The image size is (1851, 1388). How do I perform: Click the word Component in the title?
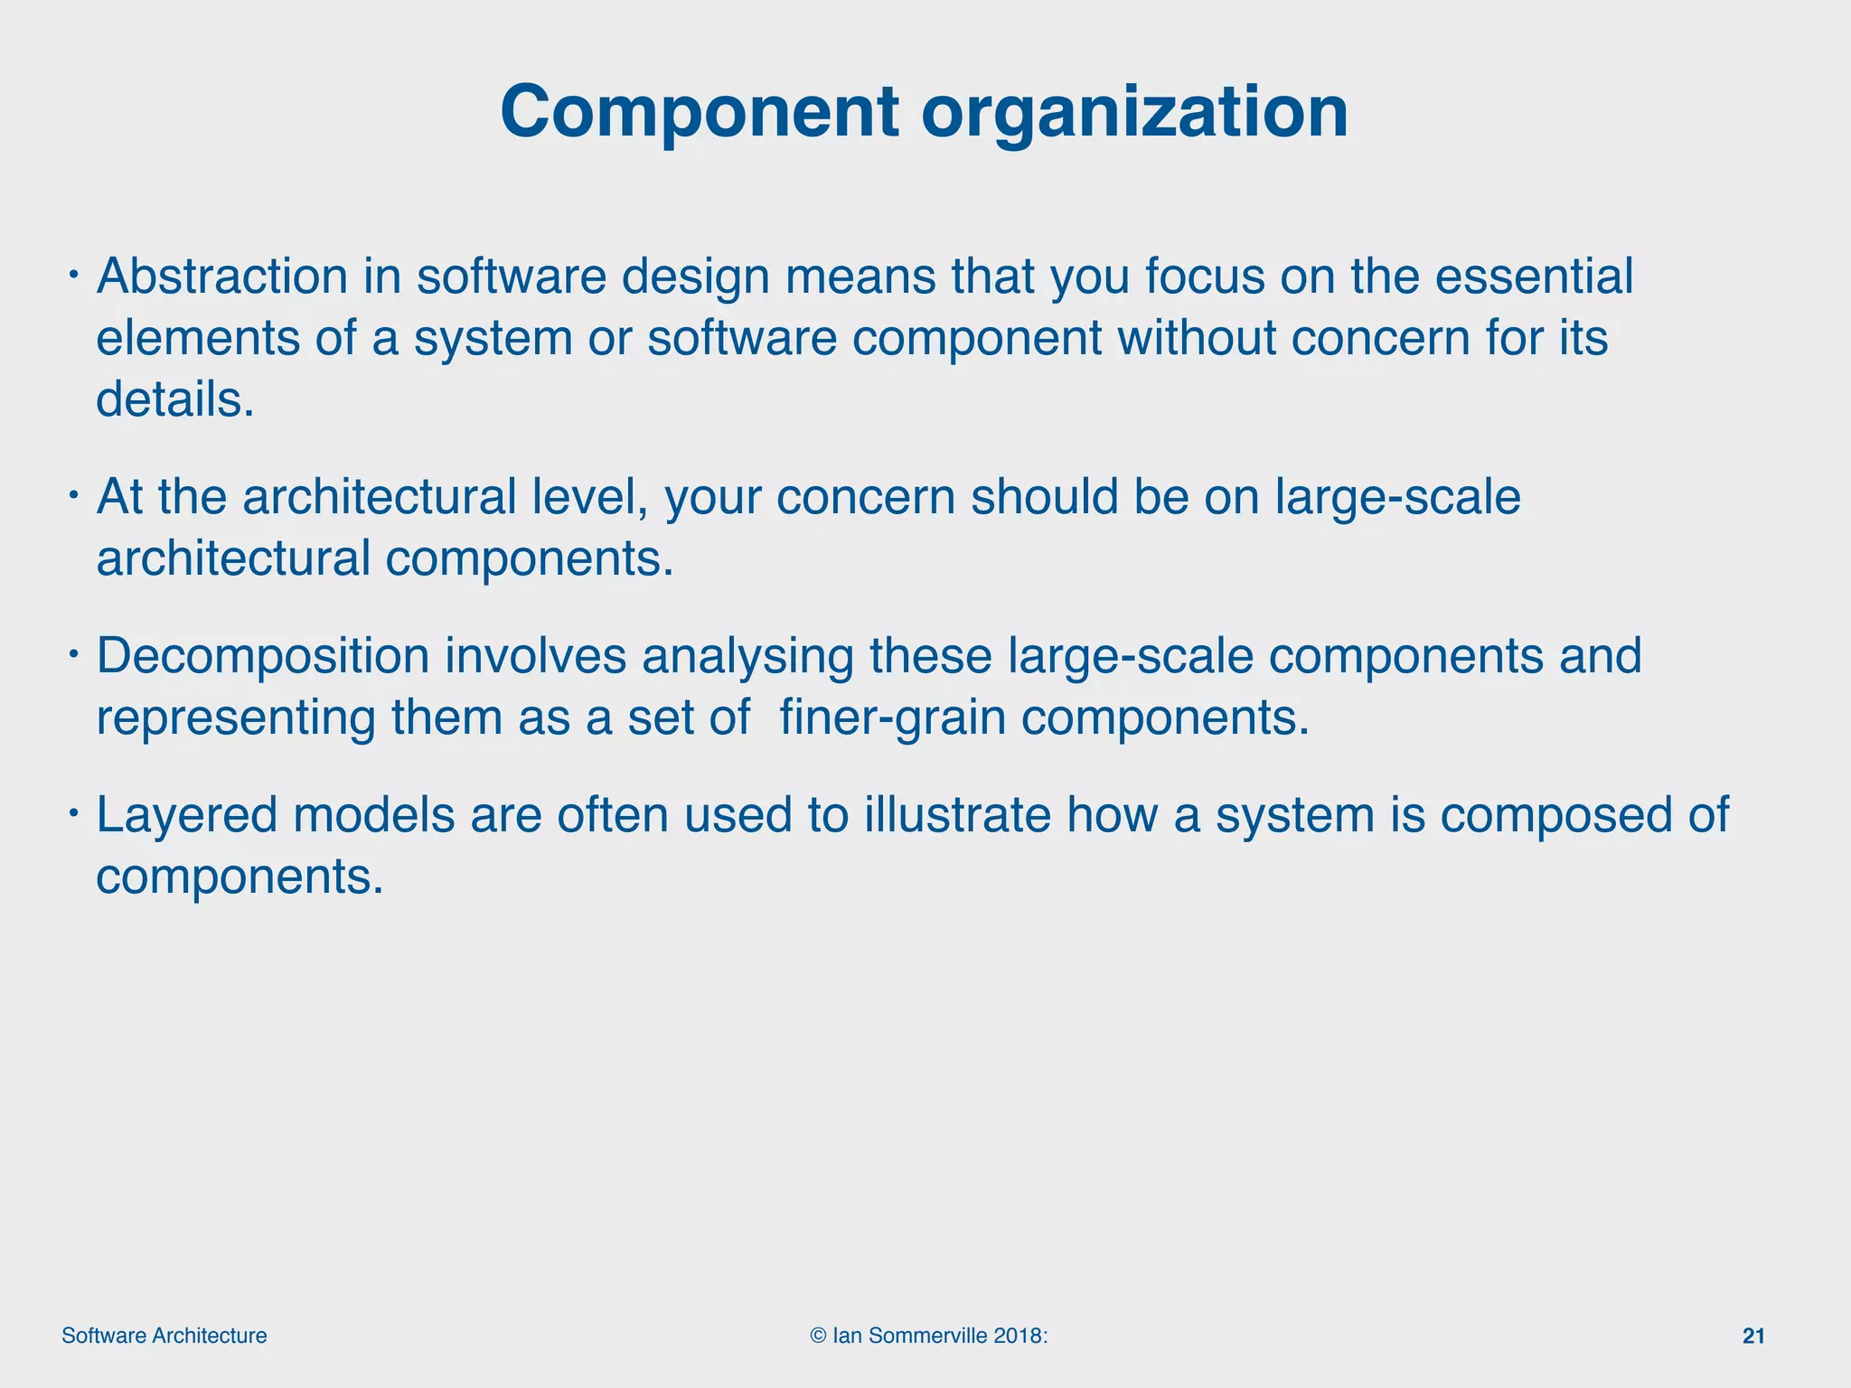700,112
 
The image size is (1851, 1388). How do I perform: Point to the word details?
175,399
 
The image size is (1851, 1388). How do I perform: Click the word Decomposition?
262,656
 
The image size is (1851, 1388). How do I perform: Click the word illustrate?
957,814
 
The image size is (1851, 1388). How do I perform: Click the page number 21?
1752,1336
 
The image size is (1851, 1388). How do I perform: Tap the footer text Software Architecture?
164,1336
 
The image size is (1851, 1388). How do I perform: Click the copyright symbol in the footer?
819,1336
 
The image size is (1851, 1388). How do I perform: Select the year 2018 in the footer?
1019,1336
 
